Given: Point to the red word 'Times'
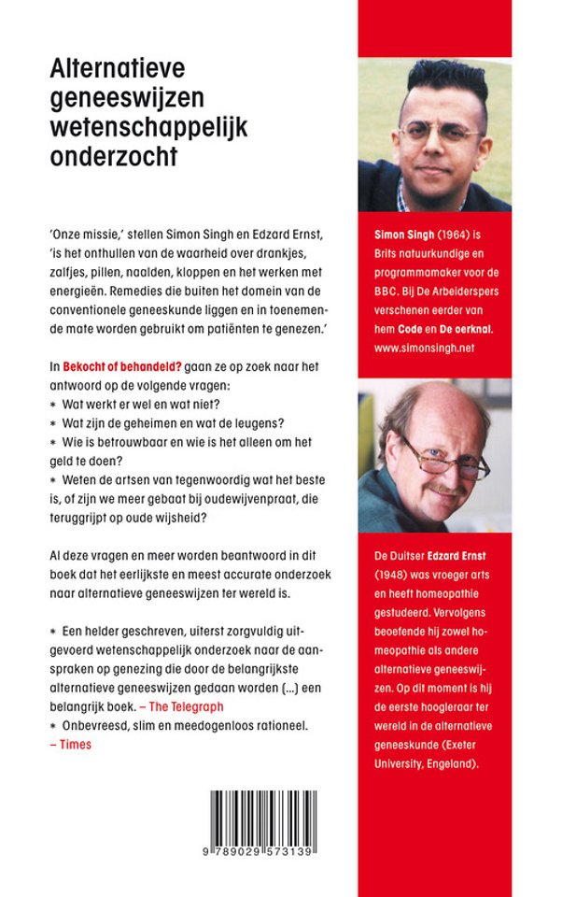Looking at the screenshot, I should [76, 744].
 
